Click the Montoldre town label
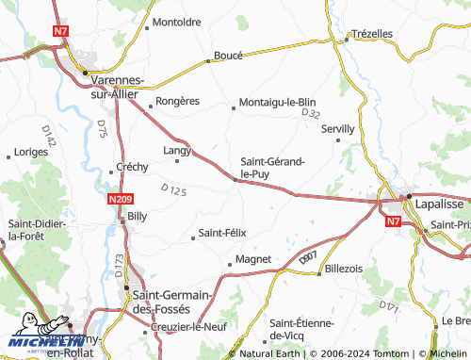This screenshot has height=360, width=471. point(177,22)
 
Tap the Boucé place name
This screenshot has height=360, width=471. point(229,56)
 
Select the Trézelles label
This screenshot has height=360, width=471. point(371,33)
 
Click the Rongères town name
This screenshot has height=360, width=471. point(177,102)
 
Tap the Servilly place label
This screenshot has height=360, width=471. point(338,128)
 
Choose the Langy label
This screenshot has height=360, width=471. point(177,149)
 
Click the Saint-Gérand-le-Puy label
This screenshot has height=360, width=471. point(272,168)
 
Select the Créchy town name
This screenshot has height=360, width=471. point(132,167)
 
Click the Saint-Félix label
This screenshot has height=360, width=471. point(221,233)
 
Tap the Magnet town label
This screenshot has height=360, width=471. point(253,258)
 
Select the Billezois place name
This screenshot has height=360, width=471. point(344,269)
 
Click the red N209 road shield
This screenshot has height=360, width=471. point(120,199)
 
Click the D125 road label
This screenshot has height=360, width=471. point(174,191)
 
